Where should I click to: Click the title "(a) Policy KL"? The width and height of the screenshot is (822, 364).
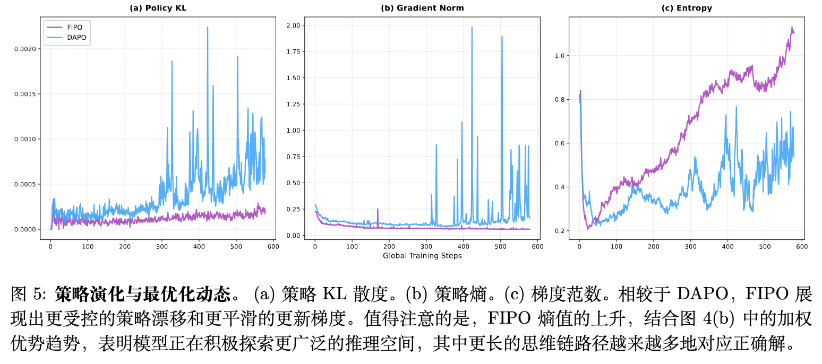[x=158, y=8]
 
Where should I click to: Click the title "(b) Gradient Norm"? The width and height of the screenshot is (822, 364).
[x=422, y=8]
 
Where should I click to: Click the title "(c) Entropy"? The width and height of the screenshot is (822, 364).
[x=687, y=8]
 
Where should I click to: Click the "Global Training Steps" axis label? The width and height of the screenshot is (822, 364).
[x=422, y=256]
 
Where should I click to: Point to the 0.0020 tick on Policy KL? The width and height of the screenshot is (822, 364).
[x=25, y=49]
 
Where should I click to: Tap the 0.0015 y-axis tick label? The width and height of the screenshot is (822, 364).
[x=25, y=94]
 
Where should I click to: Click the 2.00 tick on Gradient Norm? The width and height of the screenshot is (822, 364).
[x=293, y=25]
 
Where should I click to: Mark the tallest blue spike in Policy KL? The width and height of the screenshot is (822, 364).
[x=208, y=28]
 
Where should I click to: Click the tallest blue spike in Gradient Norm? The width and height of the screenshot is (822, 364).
[x=472, y=27]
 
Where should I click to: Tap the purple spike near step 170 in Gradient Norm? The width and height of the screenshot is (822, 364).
[x=378, y=210]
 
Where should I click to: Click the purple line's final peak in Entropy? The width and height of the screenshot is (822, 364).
[x=792, y=28]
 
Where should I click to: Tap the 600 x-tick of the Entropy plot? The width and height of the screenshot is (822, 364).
[x=801, y=247]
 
